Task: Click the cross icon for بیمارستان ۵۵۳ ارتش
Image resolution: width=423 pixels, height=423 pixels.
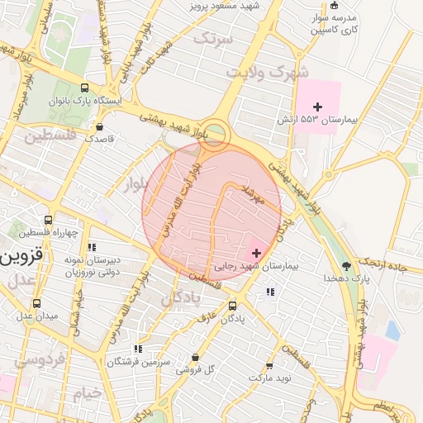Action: click(318, 107)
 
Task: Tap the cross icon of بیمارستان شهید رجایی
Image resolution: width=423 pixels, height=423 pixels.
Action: click(256, 253)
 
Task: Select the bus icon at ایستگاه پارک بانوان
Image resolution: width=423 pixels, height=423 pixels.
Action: click(84, 87)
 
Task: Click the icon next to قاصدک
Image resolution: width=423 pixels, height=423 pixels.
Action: click(100, 127)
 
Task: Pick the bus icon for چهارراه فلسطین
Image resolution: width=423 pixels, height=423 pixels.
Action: click(49, 221)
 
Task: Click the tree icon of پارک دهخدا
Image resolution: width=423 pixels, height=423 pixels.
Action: click(346, 266)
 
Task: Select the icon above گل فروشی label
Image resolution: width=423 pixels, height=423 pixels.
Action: click(195, 357)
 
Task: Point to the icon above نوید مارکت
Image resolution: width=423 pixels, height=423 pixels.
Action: click(269, 365)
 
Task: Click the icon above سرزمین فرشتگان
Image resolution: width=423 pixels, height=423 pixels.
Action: click(137, 349)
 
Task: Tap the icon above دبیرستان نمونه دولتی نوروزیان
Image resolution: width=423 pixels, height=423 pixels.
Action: click(92, 246)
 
